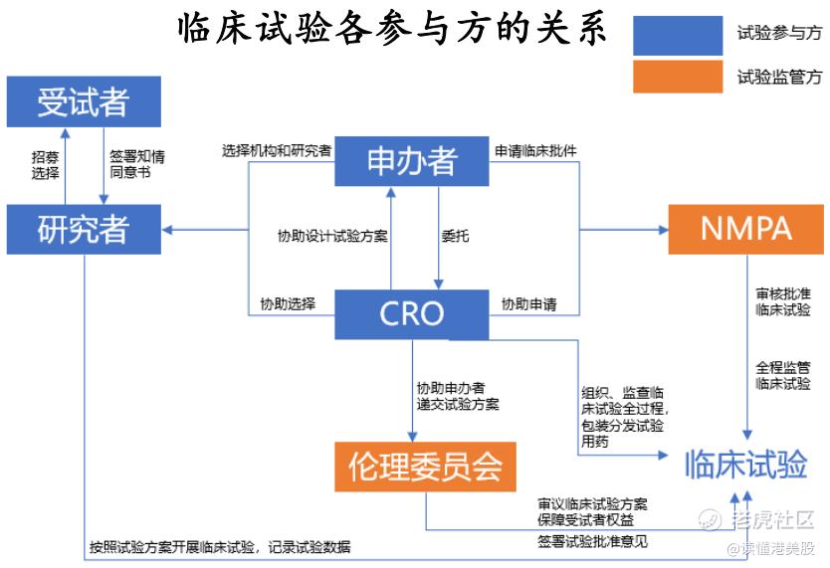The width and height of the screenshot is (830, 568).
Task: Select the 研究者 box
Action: coord(83,230)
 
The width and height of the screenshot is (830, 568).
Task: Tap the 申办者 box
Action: coord(411,160)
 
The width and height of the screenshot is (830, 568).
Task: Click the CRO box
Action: coord(411,313)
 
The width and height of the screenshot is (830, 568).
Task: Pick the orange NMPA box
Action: coord(745,229)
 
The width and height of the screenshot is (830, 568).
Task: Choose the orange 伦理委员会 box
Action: coord(425,466)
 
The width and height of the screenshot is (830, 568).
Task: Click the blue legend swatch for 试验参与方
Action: coord(678,34)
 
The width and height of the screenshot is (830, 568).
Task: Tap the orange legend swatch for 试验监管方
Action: coord(678,77)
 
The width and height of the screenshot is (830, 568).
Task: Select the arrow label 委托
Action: coord(456,237)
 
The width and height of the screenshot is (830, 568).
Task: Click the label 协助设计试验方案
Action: coord(332,237)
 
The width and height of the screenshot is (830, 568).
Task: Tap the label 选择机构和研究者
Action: coord(277,150)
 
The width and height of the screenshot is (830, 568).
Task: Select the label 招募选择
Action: coord(45,165)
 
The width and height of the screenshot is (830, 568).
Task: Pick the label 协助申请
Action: coord(528,303)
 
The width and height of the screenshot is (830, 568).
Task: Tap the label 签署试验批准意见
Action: coord(592,541)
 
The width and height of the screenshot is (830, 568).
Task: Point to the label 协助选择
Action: coord(288,303)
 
